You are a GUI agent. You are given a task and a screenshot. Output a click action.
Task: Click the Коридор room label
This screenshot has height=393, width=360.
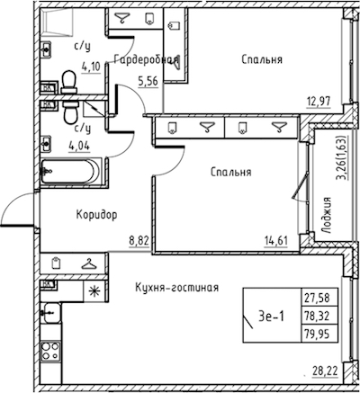click(x=96, y=215)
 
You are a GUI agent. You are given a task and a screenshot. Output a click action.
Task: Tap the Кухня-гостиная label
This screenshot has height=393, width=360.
click(x=176, y=288)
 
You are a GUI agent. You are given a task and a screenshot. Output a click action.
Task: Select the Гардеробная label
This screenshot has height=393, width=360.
click(x=146, y=60)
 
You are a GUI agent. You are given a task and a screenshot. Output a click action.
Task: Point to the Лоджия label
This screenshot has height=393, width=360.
click(x=326, y=215)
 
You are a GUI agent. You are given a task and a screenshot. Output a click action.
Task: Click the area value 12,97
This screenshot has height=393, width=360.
click(x=318, y=101)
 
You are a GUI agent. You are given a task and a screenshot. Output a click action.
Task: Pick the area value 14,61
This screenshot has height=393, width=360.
click(x=275, y=240)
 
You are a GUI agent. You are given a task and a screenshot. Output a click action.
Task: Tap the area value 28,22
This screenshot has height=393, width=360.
click(x=326, y=371)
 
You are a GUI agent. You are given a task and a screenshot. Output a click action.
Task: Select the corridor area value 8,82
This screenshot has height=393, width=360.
click(x=139, y=240)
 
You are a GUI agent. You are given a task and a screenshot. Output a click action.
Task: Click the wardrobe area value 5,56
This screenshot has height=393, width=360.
click(x=148, y=81)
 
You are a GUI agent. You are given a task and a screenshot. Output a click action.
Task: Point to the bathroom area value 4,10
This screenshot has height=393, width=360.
click(x=91, y=67)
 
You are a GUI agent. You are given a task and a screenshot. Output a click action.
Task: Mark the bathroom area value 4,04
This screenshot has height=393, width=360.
click(x=79, y=147)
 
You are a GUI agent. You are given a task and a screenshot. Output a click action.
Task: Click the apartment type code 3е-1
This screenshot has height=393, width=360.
click(x=271, y=317)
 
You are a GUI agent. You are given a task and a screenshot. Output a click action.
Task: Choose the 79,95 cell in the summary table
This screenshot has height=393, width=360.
click(x=319, y=334)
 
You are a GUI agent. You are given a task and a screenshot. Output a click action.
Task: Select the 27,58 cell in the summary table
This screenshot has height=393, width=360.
click(x=319, y=298)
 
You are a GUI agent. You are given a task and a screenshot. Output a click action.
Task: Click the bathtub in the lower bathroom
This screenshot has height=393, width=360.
click(x=71, y=171)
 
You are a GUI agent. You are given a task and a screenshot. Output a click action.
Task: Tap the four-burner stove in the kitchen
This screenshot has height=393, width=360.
click(x=50, y=351)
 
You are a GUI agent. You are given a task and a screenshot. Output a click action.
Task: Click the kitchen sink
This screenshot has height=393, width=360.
click(x=51, y=312)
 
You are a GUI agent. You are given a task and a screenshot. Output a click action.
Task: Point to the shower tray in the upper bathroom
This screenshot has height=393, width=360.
click(x=58, y=20)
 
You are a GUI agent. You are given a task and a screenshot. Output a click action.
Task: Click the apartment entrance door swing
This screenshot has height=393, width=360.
click(x=19, y=209)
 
